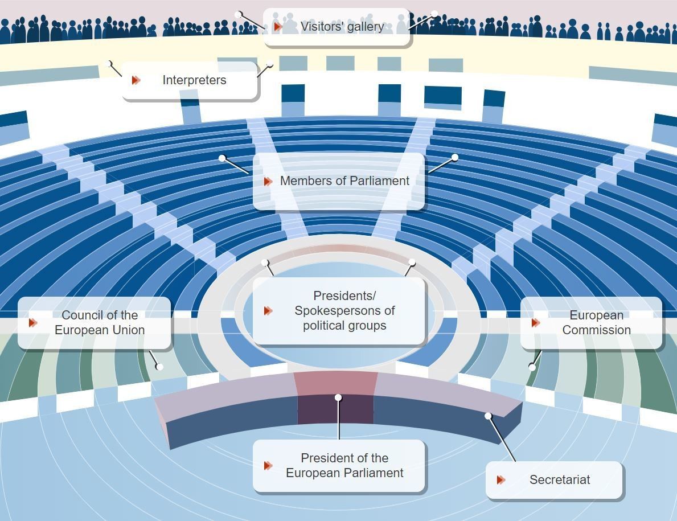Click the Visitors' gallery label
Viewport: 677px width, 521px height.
tap(342, 27)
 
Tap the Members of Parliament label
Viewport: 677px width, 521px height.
tap(344, 181)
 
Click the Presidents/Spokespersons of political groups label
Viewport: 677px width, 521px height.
tap(344, 311)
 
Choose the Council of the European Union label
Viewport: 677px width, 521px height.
tap(100, 323)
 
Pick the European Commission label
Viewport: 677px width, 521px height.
tap(596, 323)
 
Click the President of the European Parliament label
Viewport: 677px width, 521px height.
tap(344, 466)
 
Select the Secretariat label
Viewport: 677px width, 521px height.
tap(559, 480)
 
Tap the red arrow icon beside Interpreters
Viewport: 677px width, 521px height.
tap(136, 80)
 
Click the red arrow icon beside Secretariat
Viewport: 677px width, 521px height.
tap(501, 480)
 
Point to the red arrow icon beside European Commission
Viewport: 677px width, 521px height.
tap(536, 323)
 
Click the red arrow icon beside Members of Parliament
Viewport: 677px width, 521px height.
tap(268, 181)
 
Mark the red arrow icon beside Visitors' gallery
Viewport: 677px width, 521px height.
tap(278, 27)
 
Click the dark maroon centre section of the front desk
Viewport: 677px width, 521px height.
tap(335, 409)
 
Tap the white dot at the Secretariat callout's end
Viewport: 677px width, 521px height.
tap(488, 416)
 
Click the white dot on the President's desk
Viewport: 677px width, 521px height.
tap(338, 397)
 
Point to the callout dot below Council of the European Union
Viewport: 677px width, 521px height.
tap(159, 367)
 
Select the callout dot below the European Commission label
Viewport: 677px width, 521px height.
tap(532, 367)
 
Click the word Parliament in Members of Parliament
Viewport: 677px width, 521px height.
tap(381, 181)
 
